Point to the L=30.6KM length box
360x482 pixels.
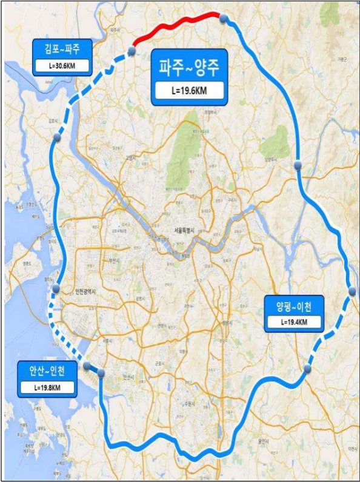(63, 65)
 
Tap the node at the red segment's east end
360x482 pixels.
(223, 19)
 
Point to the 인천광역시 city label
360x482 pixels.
(84, 292)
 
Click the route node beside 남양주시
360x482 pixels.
(298, 165)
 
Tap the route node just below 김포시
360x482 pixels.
(57, 137)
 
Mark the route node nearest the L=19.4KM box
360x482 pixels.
(308, 368)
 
